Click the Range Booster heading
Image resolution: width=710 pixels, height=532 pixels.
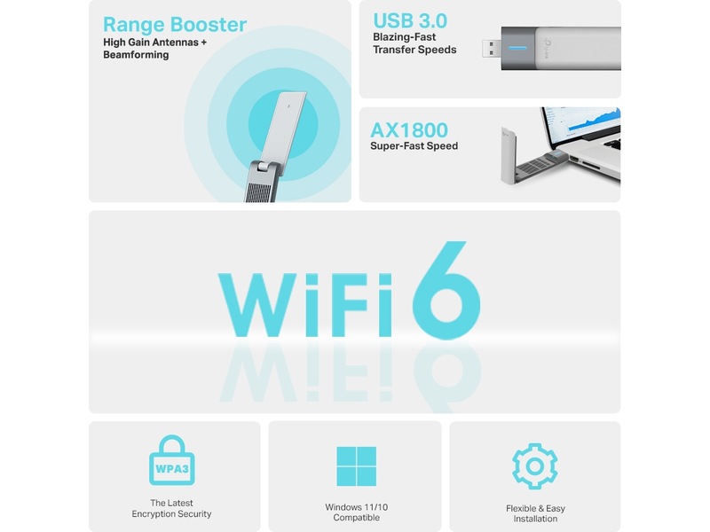[175, 25]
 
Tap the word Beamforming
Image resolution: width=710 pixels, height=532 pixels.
[136, 55]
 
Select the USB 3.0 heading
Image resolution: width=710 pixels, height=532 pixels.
[410, 20]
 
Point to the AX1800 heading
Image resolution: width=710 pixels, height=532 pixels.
[409, 130]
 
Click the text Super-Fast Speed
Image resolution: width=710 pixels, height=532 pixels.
[414, 146]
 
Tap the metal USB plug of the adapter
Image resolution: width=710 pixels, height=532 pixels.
[492, 49]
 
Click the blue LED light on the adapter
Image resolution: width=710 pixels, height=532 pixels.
[517, 48]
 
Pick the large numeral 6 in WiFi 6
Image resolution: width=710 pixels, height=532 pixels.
[446, 290]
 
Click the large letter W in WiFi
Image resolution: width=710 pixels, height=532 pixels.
[257, 305]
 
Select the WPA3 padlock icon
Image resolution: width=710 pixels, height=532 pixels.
[172, 460]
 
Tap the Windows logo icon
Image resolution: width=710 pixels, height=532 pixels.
[357, 466]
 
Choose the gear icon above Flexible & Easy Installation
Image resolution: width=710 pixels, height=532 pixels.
[535, 466]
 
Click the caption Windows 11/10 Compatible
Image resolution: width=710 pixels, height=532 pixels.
[357, 512]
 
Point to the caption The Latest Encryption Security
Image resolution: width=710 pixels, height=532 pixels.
[171, 508]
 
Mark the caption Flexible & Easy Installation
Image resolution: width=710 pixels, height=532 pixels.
[535, 513]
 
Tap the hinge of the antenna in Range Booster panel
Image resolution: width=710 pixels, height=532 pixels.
[265, 166]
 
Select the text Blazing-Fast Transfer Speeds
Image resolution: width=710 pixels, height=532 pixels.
[414, 43]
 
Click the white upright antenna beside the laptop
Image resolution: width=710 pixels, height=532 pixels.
[508, 154]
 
